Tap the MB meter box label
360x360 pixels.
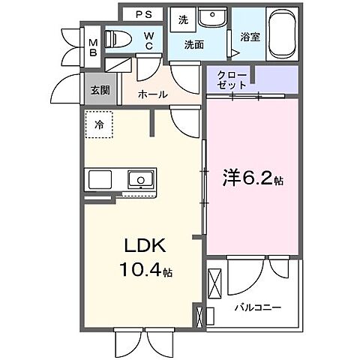click(93, 47)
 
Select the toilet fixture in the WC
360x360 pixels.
click(118, 38)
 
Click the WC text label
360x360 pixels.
click(149, 39)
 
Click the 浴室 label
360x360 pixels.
click(250, 36)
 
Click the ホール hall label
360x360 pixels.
click(154, 94)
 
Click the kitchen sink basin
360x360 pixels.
click(140, 180)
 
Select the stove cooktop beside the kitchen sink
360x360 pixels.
click(100, 180)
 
